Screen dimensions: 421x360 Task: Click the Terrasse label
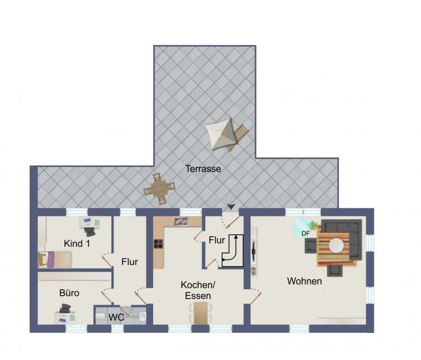pyautogui.click(x=203, y=169)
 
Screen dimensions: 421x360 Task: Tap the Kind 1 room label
pyautogui.click(x=77, y=243)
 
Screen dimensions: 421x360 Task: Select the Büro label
pyautogui.click(x=69, y=293)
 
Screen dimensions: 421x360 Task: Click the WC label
pyautogui.click(x=116, y=317)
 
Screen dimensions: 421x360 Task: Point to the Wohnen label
pyautogui.click(x=304, y=281)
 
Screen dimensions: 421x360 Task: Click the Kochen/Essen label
pyautogui.click(x=198, y=290)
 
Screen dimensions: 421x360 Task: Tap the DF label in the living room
pyautogui.click(x=306, y=234)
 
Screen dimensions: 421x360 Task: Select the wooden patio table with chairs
pyautogui.click(x=159, y=189)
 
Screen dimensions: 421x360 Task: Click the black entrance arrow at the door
pyautogui.click(x=231, y=206)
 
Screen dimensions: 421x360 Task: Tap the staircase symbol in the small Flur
pyautogui.click(x=232, y=250)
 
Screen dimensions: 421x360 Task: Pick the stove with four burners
pyautogui.click(x=159, y=244)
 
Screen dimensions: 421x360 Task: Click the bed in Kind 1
pyautogui.click(x=55, y=259)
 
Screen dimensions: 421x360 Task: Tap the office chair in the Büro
pyautogui.click(x=65, y=308)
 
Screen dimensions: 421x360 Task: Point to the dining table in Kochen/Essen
pyautogui.click(x=201, y=313)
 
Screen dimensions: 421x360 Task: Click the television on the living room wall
pyautogui.click(x=253, y=251)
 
